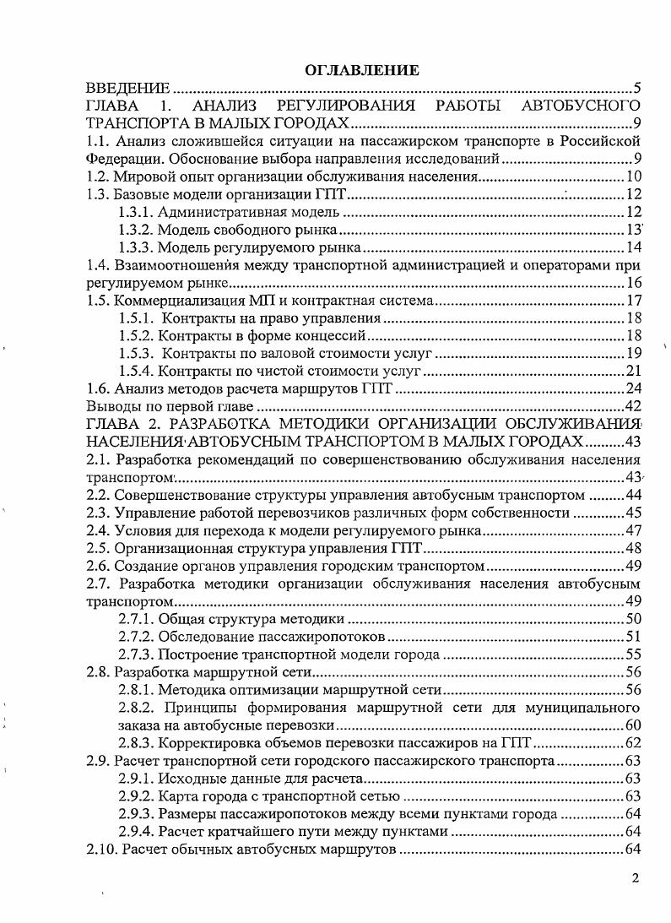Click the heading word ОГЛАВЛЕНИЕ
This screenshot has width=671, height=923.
pos(362,71)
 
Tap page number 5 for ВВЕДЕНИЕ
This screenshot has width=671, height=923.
pos(639,89)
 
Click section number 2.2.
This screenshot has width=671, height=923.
pos(99,495)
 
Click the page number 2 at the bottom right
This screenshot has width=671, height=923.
pos(636,877)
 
